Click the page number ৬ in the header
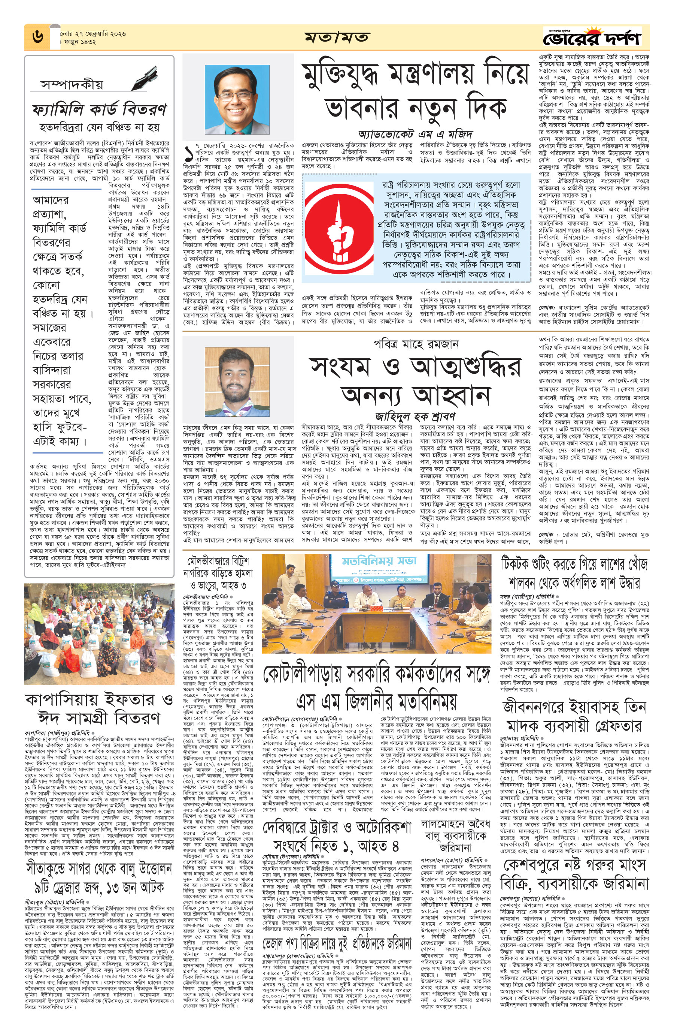pyautogui.click(x=37, y=37)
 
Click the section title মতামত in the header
pyautogui.click(x=337, y=37)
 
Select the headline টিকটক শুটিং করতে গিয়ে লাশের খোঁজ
pyautogui.click(x=574, y=564)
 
